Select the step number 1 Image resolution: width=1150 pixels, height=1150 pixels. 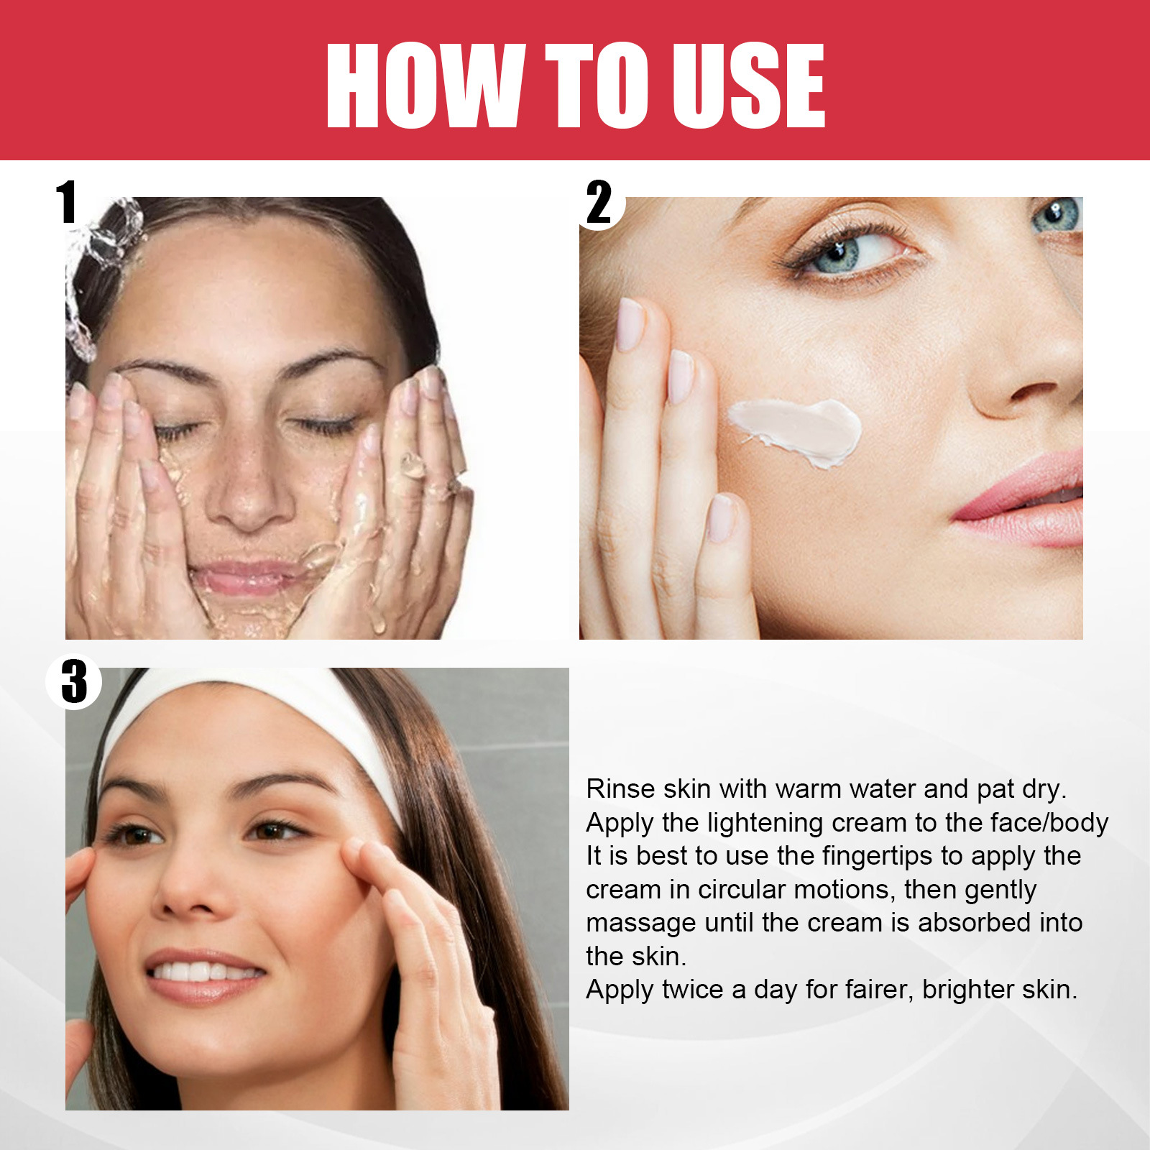67,202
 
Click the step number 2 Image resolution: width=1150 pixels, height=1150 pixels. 599,203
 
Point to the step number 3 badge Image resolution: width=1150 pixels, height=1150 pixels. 74,681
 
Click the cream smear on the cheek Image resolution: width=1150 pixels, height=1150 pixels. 796,431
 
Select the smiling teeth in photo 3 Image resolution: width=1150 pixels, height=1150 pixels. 205,972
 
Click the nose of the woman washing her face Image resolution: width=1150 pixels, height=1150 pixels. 249,489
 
